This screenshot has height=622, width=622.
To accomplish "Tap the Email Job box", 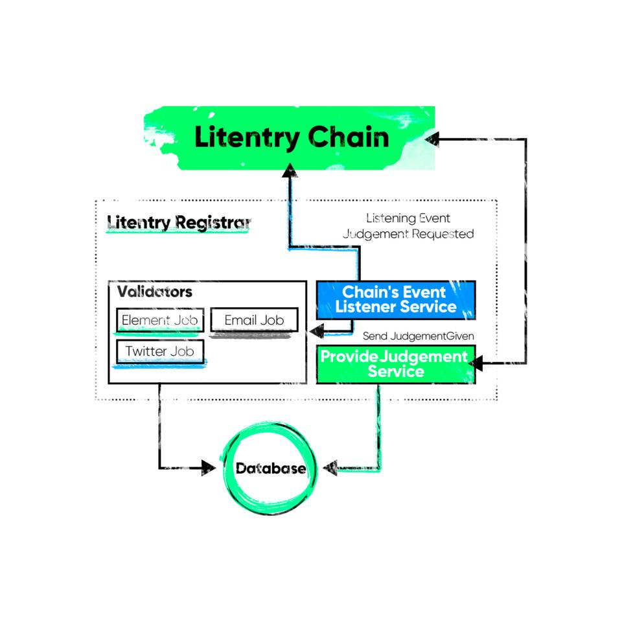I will click(255, 320).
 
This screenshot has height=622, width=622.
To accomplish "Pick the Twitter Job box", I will click(160, 352).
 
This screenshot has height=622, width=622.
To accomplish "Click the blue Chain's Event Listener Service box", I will click(396, 299).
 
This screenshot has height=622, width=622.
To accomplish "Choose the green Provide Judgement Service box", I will click(396, 364).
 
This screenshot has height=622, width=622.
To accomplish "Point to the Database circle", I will click(270, 468).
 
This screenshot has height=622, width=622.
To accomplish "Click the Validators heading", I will click(155, 292).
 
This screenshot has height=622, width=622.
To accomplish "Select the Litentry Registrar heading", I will click(179, 223).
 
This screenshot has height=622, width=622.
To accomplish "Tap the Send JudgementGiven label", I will click(418, 336).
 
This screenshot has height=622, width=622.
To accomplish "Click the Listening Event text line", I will click(408, 218).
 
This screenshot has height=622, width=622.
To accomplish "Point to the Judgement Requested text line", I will click(408, 234).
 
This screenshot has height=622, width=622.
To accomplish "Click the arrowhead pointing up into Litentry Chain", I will click(290, 170).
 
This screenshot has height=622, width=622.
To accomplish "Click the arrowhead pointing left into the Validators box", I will click(317, 332).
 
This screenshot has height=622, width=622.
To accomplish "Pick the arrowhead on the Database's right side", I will click(330, 468).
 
